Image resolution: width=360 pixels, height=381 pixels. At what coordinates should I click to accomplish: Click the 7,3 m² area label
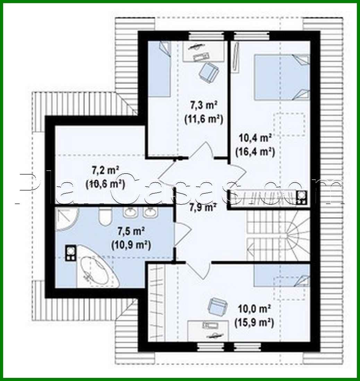[x=203, y=105]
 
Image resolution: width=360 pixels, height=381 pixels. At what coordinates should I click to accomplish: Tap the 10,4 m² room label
[x=255, y=138]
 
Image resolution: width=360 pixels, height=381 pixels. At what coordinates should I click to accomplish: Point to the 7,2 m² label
[x=105, y=170]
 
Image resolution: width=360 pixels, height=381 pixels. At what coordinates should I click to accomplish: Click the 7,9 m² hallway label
[x=203, y=208]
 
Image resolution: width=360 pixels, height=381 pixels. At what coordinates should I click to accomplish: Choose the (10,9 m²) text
[x=131, y=245]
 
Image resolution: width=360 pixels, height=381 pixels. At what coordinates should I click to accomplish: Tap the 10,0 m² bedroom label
[x=255, y=308]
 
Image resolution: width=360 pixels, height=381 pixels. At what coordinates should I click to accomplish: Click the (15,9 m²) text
[x=255, y=323]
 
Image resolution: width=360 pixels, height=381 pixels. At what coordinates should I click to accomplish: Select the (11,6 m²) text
[x=203, y=119]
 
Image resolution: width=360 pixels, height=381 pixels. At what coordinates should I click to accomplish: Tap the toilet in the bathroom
[x=104, y=217]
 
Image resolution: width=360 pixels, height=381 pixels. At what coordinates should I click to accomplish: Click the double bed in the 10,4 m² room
[x=282, y=77]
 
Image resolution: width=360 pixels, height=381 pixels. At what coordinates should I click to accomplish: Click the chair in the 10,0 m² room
[x=217, y=306]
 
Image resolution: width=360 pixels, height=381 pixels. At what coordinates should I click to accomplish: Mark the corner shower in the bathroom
[x=66, y=219]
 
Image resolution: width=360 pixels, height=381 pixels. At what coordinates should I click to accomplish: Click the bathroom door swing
[x=182, y=232]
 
